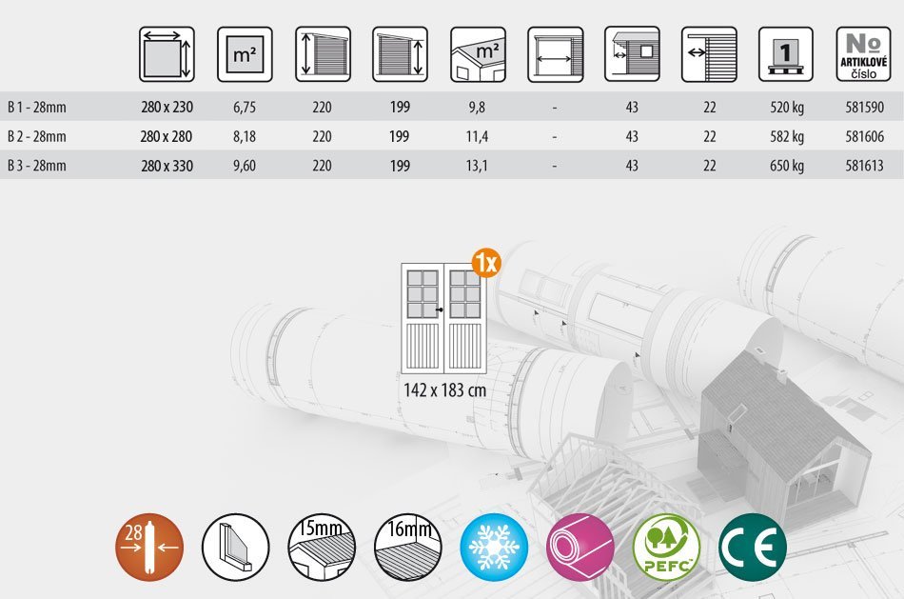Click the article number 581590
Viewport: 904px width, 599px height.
pyautogui.click(x=864, y=108)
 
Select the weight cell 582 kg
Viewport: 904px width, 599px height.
pyautogui.click(x=787, y=137)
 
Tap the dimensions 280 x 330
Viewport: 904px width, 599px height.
pyautogui.click(x=167, y=167)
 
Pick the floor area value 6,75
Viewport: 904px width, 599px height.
pyautogui.click(x=245, y=108)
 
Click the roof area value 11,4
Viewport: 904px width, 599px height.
pyautogui.click(x=477, y=137)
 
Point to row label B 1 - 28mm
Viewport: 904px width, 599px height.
pyautogui.click(x=37, y=108)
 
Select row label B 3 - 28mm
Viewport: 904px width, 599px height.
pyautogui.click(x=37, y=167)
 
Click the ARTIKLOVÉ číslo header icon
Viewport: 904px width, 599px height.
pyautogui.click(x=863, y=54)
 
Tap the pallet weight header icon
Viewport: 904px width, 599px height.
pyautogui.click(x=785, y=54)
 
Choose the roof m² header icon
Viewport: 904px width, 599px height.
pyautogui.click(x=478, y=54)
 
